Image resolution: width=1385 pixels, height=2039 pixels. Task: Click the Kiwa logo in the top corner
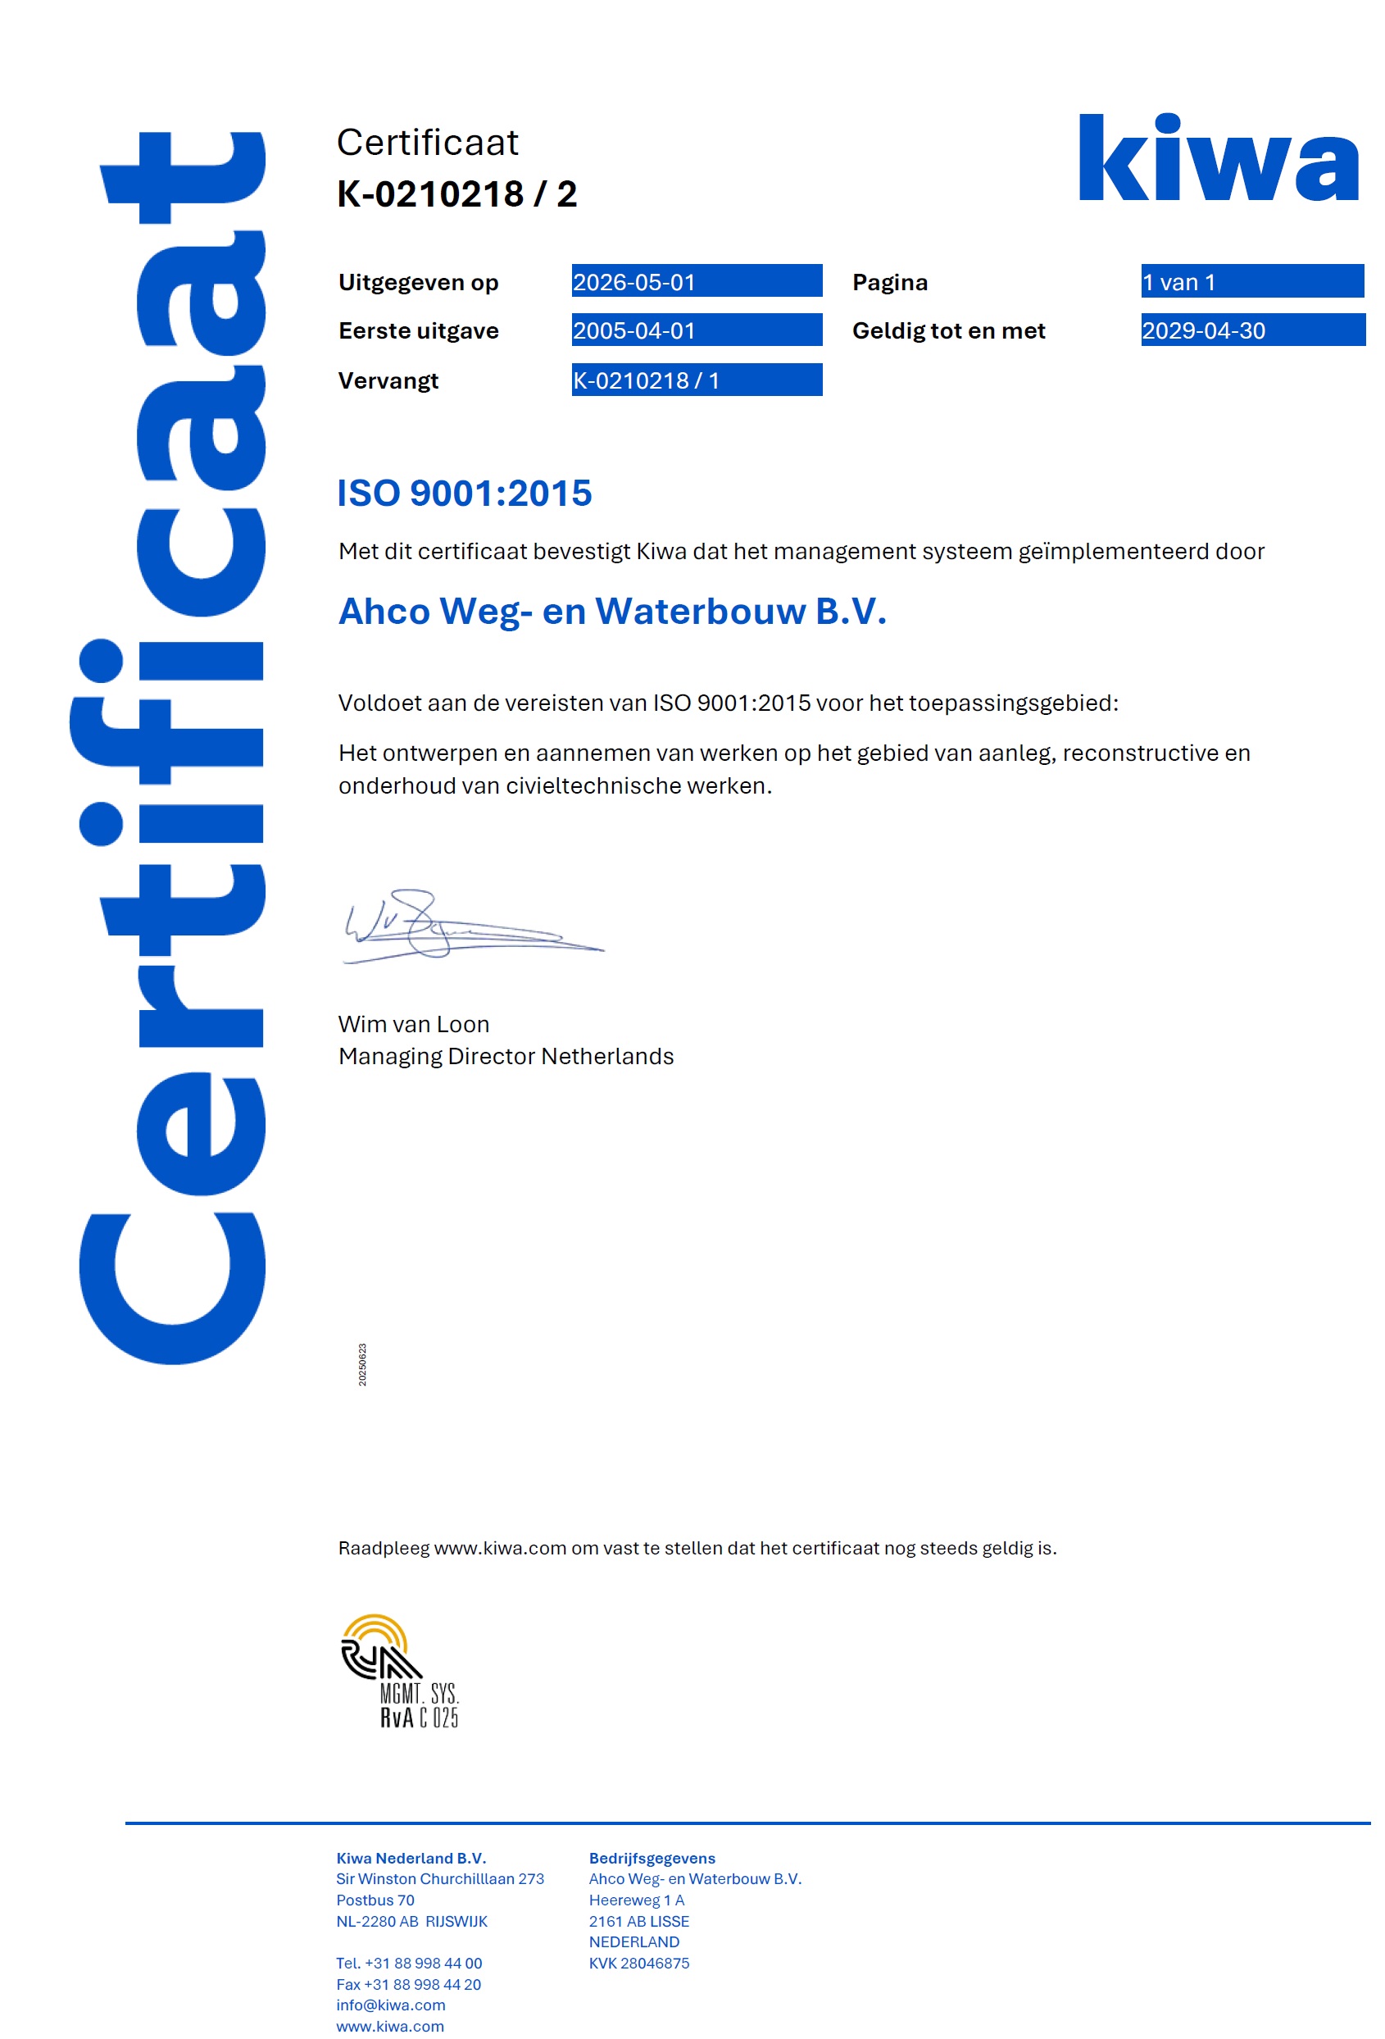(x=1218, y=159)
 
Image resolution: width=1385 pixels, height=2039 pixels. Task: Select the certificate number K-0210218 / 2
(x=457, y=194)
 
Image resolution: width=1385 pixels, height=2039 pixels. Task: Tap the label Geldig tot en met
(x=948, y=330)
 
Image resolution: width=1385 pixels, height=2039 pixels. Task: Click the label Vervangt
(x=388, y=380)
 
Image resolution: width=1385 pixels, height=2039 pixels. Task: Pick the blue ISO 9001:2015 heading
(x=464, y=493)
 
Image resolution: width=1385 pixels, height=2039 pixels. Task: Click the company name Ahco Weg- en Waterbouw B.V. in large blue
(x=612, y=612)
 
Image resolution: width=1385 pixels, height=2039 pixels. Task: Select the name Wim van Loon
(x=413, y=1024)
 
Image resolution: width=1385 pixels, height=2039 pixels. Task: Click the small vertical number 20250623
(x=362, y=1364)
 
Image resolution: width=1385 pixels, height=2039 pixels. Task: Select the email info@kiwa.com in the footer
(x=390, y=2005)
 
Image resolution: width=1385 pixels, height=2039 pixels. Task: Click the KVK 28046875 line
(x=638, y=1963)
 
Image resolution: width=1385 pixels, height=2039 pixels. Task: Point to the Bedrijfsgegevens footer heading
(x=652, y=1857)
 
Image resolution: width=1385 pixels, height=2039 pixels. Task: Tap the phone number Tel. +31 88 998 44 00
(x=409, y=1963)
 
